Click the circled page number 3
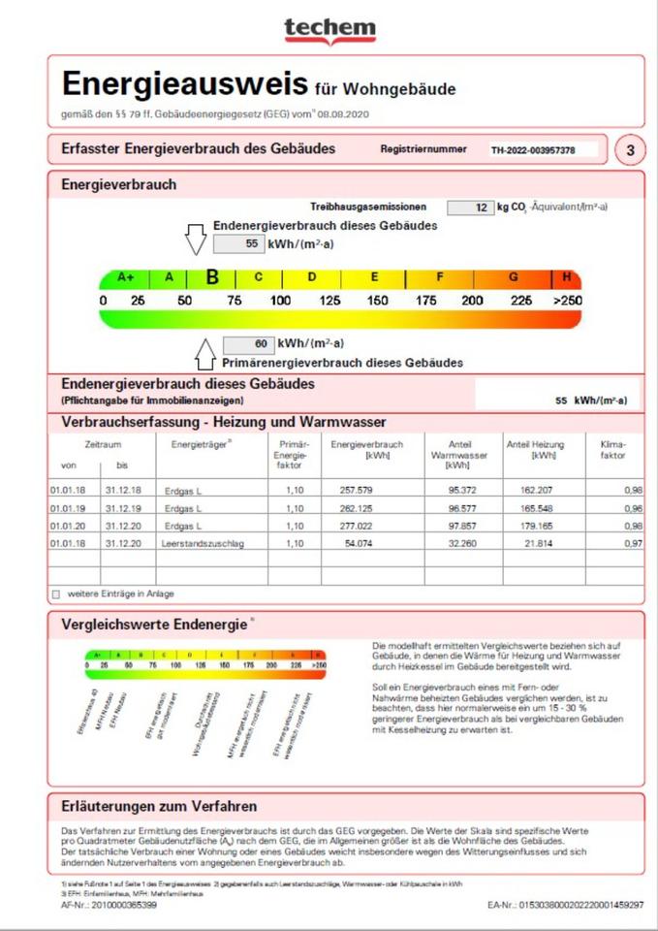click(x=631, y=150)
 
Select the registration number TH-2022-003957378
click(x=533, y=151)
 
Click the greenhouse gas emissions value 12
click(x=470, y=208)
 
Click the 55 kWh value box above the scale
click(x=238, y=244)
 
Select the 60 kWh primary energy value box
click(x=249, y=344)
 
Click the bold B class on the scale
click(x=212, y=277)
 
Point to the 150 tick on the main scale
click(x=377, y=301)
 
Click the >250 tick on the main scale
click(x=567, y=301)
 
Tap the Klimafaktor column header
click(x=612, y=450)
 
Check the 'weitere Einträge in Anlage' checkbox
click(x=55, y=593)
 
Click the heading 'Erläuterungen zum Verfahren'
click(x=159, y=807)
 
